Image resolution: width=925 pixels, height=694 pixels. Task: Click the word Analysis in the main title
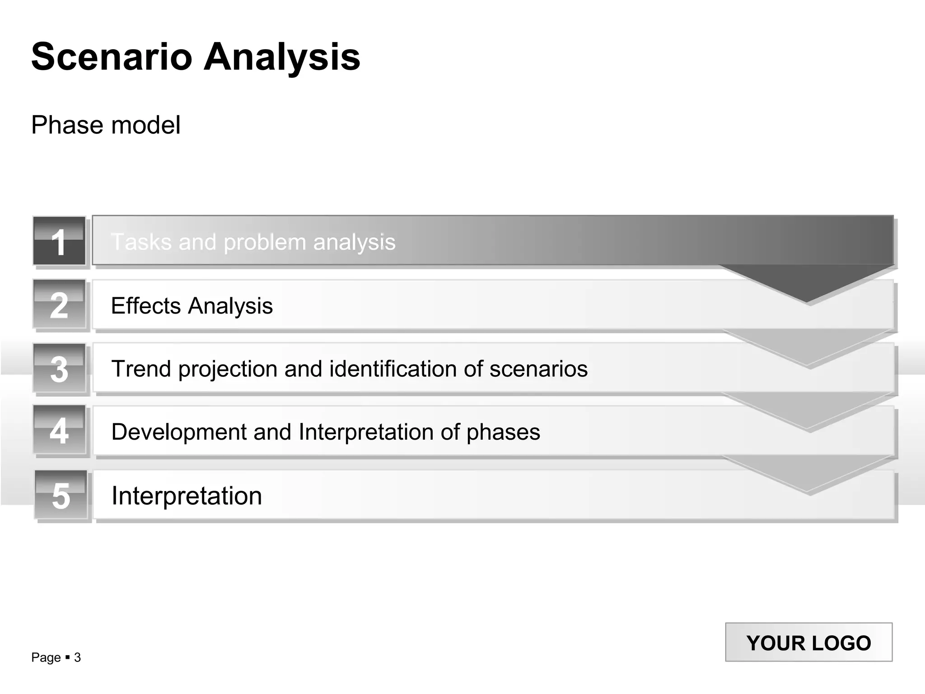[x=282, y=57]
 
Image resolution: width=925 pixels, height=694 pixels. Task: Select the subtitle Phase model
[x=106, y=125]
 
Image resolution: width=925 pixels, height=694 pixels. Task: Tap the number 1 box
[x=59, y=241]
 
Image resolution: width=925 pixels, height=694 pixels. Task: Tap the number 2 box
[x=59, y=304]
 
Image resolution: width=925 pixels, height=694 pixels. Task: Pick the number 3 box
[x=59, y=368]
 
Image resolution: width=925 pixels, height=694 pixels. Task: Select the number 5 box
[x=61, y=495]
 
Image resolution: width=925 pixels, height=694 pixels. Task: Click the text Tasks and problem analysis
[x=253, y=242]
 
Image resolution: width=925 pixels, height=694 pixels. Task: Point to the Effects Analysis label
[x=192, y=306]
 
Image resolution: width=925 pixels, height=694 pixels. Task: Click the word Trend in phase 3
[x=140, y=369]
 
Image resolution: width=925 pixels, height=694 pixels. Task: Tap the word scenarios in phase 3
[x=538, y=369]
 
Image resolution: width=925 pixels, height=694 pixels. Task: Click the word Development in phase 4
[x=178, y=432]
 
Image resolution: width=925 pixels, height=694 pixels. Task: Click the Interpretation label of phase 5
[x=187, y=496]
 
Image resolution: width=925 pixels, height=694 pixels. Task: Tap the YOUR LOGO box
[x=808, y=642]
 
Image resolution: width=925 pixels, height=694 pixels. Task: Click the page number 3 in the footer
[x=77, y=657]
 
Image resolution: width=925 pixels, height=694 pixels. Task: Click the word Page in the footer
[x=46, y=657]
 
